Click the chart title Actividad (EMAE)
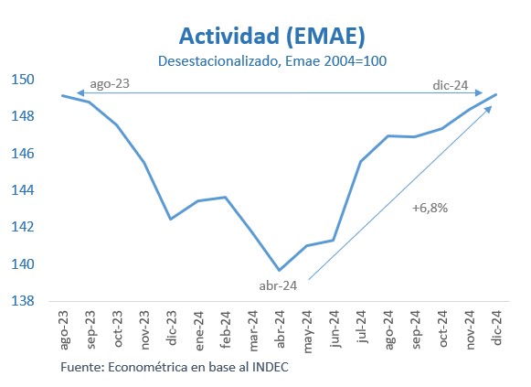click(x=272, y=36)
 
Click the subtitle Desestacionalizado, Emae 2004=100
click(x=273, y=61)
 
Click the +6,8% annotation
click(x=430, y=208)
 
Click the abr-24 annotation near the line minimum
click(x=277, y=285)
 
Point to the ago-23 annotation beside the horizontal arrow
click(x=109, y=84)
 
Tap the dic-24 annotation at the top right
click(x=450, y=85)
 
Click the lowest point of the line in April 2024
click(x=280, y=270)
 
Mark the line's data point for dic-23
click(x=171, y=219)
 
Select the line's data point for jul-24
click(x=361, y=161)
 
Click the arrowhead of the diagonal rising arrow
click(x=490, y=107)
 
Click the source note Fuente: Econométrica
click(x=179, y=367)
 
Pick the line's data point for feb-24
click(x=225, y=197)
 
